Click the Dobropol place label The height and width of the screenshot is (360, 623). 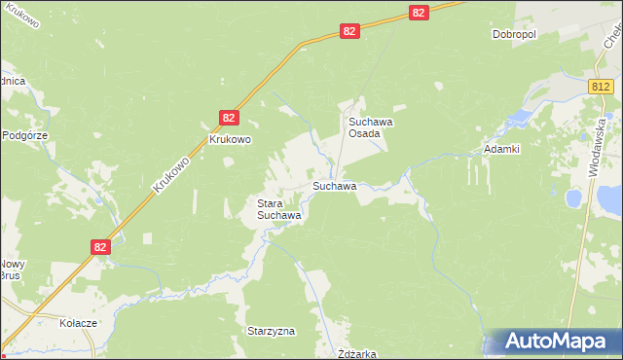coord(514,34)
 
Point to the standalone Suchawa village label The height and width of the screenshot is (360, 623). coord(333,185)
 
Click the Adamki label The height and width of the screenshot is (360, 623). coord(502,150)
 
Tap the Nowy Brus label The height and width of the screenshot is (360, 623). coord(11,270)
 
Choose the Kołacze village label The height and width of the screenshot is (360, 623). coord(77,323)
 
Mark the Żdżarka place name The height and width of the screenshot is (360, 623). coord(355,354)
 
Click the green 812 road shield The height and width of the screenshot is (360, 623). coord(600,88)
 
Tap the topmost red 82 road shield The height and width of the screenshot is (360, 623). coord(419,12)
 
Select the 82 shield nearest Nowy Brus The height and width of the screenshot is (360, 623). coord(101,247)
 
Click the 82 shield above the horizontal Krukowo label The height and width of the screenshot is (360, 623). coord(228,117)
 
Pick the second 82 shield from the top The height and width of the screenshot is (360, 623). coord(350,31)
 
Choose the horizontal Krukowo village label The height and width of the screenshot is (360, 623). coord(231,139)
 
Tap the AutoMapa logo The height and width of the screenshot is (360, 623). coord(552,342)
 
